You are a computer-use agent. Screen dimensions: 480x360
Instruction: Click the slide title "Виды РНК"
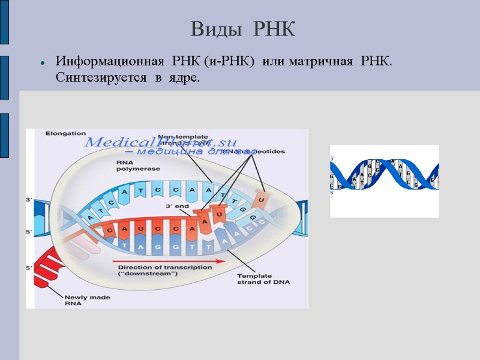coord(243,29)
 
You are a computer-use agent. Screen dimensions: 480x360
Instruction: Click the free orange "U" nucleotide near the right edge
coord(261,196)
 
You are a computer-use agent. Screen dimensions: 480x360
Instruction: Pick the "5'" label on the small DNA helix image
coord(333,192)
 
